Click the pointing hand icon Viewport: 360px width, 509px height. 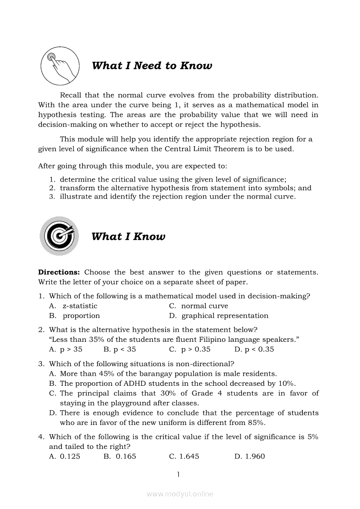[x=60, y=66]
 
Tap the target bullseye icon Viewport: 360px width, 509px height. [x=59, y=236]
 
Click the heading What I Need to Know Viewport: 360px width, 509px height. [x=152, y=66]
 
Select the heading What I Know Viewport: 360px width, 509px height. [x=128, y=236]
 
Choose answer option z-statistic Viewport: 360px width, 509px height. [x=80, y=306]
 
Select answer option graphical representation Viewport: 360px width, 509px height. [x=224, y=316]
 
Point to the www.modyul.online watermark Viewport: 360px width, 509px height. [x=180, y=494]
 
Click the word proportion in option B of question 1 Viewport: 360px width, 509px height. [x=81, y=316]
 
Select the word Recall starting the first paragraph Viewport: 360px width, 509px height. [x=71, y=95]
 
